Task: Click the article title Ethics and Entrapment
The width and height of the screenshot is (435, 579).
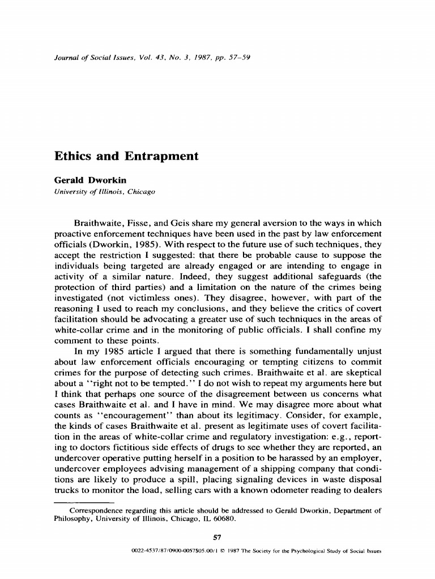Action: tap(126, 157)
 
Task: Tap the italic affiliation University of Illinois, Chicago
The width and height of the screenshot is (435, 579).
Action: tap(104, 192)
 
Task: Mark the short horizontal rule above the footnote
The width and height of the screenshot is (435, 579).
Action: tap(84, 501)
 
